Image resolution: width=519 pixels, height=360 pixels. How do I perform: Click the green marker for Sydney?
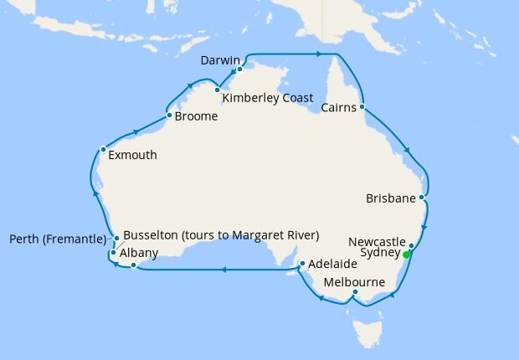407,255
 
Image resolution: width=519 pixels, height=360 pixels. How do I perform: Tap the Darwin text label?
221,61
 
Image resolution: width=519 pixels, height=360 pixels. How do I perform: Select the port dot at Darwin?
239,69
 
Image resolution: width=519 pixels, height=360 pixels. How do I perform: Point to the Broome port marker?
169,115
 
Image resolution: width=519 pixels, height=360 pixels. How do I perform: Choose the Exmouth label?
132,155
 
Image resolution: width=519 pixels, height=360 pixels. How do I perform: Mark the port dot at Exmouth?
103,150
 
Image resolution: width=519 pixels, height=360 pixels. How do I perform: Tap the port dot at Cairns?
362,107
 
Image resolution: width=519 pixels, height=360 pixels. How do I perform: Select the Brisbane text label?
391,198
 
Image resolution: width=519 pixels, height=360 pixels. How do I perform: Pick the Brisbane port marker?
423,198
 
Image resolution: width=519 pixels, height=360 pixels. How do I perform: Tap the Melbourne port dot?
356,292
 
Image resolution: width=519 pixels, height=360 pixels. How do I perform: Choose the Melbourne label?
354,282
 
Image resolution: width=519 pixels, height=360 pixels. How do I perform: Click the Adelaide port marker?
302,265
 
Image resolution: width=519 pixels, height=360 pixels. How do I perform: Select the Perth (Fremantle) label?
58,239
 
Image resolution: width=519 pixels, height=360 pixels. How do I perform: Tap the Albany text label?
137,251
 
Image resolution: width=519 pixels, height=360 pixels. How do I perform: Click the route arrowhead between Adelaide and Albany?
224,270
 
